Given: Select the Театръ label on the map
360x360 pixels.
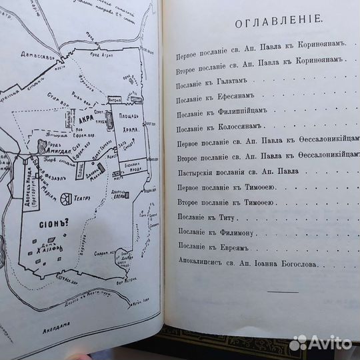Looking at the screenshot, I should [93, 197].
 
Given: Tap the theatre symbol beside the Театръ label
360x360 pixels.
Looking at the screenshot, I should [67, 199].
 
